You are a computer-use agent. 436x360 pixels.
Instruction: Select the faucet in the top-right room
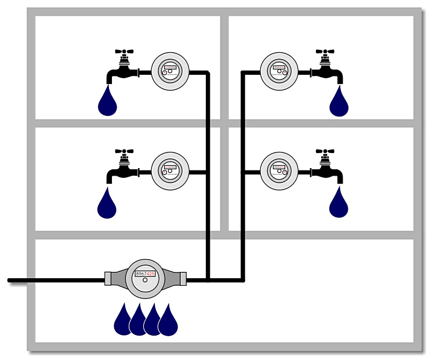pyautogui.click(x=327, y=70)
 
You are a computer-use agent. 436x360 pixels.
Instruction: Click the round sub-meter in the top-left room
pyautogui.click(x=170, y=72)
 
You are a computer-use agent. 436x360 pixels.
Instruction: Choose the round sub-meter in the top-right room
pyautogui.click(x=279, y=72)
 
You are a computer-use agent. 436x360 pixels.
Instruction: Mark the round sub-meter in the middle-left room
pyautogui.click(x=170, y=172)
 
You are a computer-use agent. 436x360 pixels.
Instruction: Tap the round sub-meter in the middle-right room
pyautogui.click(x=279, y=172)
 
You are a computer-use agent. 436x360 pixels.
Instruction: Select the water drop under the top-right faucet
pyautogui.click(x=339, y=103)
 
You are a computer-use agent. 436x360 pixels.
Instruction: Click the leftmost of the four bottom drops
pyautogui.click(x=123, y=322)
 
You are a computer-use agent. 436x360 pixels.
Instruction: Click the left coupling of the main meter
pyautogui.click(x=110, y=278)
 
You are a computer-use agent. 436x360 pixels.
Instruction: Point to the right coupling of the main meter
pyautogui.click(x=181, y=278)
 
